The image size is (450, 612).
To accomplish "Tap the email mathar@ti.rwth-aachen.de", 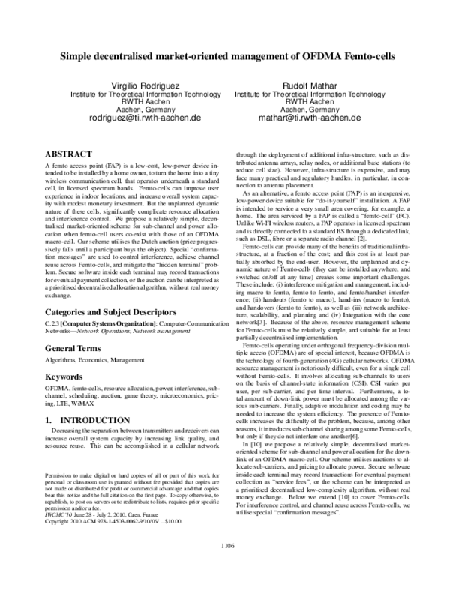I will click(x=310, y=118).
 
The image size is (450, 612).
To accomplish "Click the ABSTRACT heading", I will click(x=69, y=153).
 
